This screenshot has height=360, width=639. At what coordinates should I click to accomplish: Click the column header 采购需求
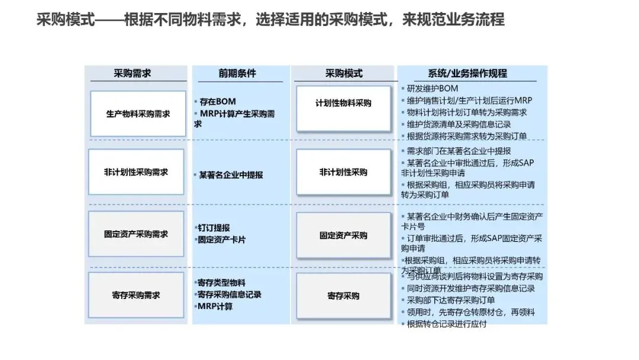[133, 74]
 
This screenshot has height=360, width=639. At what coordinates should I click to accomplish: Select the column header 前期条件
[237, 74]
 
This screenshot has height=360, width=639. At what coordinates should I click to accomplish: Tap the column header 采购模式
[344, 74]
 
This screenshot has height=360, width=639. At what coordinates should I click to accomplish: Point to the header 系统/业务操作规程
[467, 74]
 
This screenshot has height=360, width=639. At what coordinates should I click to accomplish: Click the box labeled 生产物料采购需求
[137, 114]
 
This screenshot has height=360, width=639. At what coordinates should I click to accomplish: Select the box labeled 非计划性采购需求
[136, 172]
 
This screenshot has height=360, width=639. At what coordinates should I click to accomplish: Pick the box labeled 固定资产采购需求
[136, 234]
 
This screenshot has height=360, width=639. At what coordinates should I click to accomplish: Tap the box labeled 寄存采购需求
[136, 295]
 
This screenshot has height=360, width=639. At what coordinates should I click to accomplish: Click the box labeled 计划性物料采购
[344, 103]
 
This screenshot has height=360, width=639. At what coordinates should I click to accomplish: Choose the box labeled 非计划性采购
[344, 172]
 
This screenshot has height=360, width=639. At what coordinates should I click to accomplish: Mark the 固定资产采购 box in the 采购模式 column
[344, 235]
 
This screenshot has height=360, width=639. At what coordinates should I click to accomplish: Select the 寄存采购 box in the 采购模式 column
[344, 295]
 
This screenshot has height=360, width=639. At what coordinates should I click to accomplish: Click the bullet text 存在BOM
[217, 102]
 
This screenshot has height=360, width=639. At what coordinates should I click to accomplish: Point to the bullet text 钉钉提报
[214, 228]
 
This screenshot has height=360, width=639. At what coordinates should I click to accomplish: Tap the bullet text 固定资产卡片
[221, 240]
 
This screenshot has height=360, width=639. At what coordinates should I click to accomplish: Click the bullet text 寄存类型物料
[221, 282]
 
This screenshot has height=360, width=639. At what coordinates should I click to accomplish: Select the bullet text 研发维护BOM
[433, 89]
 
